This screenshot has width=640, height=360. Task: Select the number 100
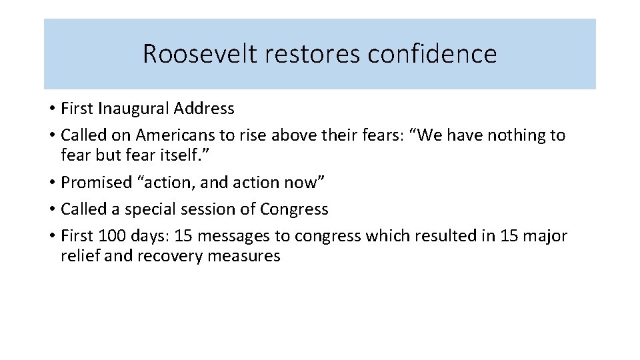tap(111, 235)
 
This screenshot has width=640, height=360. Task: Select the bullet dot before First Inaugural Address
tap(51, 109)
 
